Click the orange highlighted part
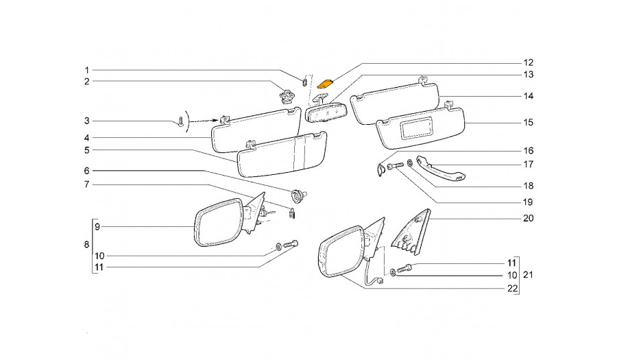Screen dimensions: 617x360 (326, 84)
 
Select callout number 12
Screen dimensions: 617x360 (528, 62)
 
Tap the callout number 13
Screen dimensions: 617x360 (528, 74)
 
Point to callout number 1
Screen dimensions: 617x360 (87, 71)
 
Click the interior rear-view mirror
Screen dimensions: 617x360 (326, 112)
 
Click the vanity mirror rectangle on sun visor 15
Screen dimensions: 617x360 (415, 128)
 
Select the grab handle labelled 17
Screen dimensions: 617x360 (440, 167)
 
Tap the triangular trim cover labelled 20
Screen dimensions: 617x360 (411, 231)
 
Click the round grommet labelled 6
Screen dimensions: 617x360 (298, 194)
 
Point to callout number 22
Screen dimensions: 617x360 (512, 289)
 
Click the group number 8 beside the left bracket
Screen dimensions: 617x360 (86, 244)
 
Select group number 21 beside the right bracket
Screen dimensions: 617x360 (528, 274)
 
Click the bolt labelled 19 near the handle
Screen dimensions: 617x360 (395, 167)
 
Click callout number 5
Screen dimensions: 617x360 (87, 150)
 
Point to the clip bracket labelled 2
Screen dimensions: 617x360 (287, 95)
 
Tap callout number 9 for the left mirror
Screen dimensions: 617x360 (97, 226)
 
